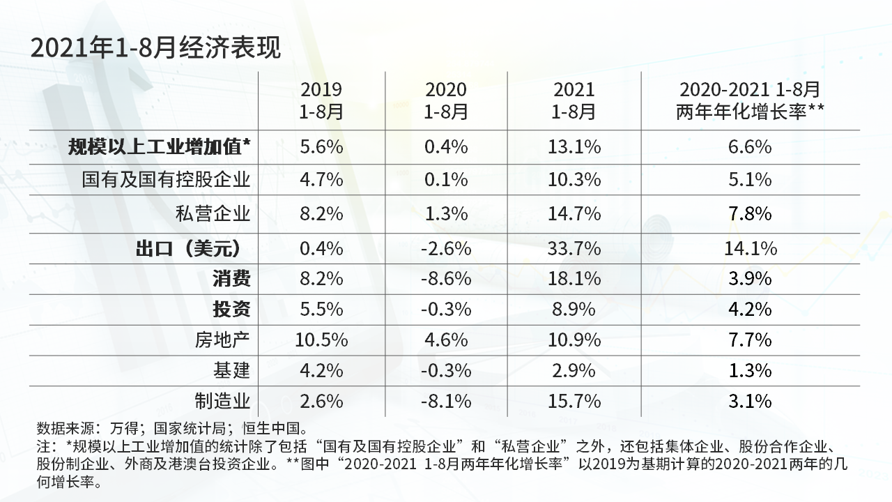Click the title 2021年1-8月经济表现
(155, 48)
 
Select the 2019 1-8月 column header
(321, 100)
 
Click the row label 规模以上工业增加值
(159, 147)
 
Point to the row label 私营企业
(213, 213)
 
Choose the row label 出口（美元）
(188, 249)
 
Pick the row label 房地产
(222, 340)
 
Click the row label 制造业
(222, 401)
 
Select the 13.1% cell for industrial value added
(574, 147)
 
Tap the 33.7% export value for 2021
(574, 249)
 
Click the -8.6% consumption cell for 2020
(445, 278)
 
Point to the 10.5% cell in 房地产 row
(321, 340)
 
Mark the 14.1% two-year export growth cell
(750, 249)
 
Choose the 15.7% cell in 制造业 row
(574, 401)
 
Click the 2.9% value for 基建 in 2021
(574, 370)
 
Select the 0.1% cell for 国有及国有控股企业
(445, 180)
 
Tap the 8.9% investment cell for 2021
(574, 309)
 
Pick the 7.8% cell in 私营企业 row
(750, 213)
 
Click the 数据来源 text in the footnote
(66, 428)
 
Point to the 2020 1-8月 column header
(445, 100)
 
